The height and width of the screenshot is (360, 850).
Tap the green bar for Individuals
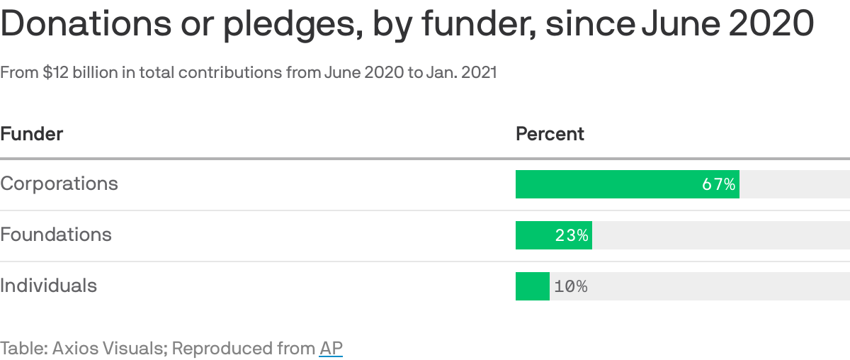click(532, 286)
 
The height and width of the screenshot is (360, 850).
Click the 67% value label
click(718, 185)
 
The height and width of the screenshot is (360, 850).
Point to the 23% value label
click(572, 236)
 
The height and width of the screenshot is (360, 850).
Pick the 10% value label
click(571, 287)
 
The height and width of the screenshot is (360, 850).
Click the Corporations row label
click(59, 184)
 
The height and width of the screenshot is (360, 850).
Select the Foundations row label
click(56, 235)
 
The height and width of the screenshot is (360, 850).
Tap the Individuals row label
click(48, 286)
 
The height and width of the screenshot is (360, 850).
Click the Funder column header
click(32, 133)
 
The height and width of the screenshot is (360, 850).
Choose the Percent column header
click(550, 133)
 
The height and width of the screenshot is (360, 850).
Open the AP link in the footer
click(331, 349)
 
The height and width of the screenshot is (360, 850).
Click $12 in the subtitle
click(55, 72)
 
